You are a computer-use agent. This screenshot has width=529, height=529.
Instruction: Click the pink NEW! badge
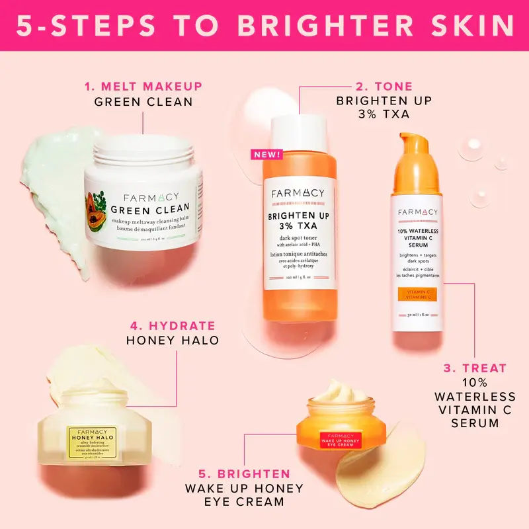[266, 155]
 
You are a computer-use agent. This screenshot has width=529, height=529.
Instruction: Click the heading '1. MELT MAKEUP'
[143, 87]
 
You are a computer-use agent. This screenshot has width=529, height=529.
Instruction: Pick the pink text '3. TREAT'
[475, 368]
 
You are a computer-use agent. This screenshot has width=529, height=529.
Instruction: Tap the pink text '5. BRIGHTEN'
[245, 473]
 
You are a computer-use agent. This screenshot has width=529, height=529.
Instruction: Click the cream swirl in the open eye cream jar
[341, 394]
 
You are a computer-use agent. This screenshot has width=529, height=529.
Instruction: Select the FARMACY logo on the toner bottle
[298, 193]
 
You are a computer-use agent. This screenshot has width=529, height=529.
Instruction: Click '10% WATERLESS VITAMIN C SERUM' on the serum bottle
[417, 237]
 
